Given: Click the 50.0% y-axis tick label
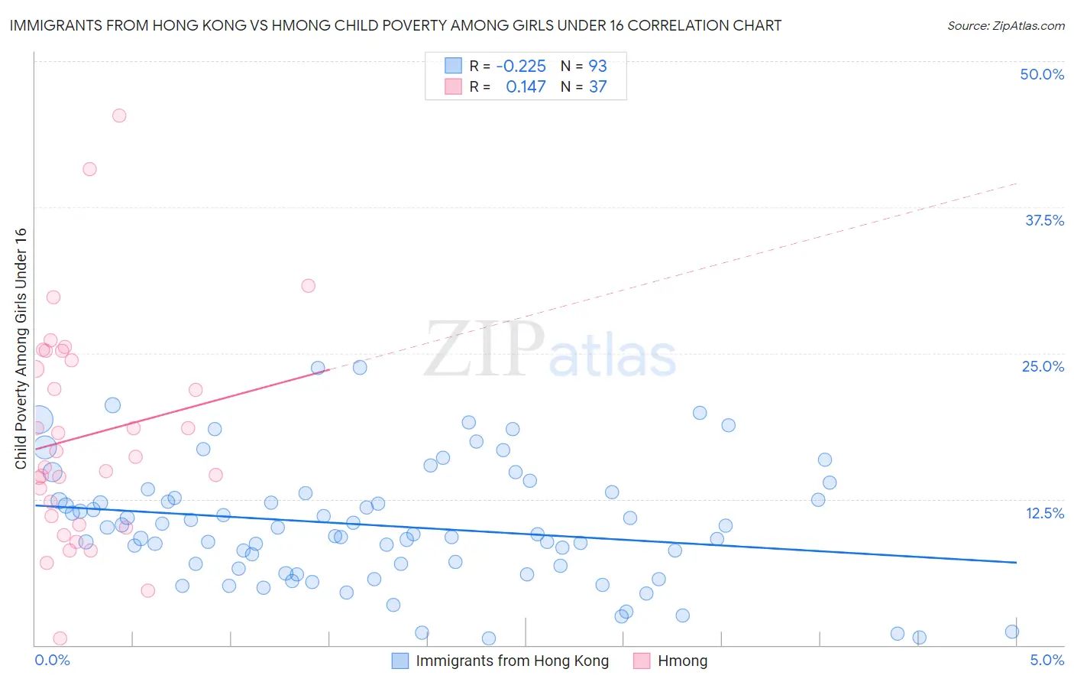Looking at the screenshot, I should click(x=1042, y=74).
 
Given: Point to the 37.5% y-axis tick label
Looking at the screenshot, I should click(x=1044, y=220).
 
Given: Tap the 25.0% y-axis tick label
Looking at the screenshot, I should click(x=1043, y=366).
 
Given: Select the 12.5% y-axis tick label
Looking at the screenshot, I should click(x=1044, y=512).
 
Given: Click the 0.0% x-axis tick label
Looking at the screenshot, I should click(x=52, y=660).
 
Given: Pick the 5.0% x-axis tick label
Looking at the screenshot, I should click(x=1047, y=660).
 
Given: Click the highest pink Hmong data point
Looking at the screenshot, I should click(x=119, y=115).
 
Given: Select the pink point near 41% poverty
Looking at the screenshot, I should click(x=89, y=169).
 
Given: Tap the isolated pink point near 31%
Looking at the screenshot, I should click(x=309, y=286).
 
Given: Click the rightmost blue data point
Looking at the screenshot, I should click(x=1012, y=632).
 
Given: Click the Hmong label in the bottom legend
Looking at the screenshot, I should click(x=682, y=661).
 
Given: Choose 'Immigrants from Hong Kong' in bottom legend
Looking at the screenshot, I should click(x=512, y=661).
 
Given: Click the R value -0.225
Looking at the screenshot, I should click(x=521, y=66).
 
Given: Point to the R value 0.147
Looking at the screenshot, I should click(x=526, y=86).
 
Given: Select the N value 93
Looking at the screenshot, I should click(x=597, y=66).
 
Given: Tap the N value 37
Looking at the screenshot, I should click(x=597, y=86).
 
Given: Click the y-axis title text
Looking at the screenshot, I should click(x=21, y=349).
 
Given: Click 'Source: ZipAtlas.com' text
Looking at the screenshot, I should click(x=1005, y=25).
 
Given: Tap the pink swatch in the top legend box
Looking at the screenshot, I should click(x=453, y=86).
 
